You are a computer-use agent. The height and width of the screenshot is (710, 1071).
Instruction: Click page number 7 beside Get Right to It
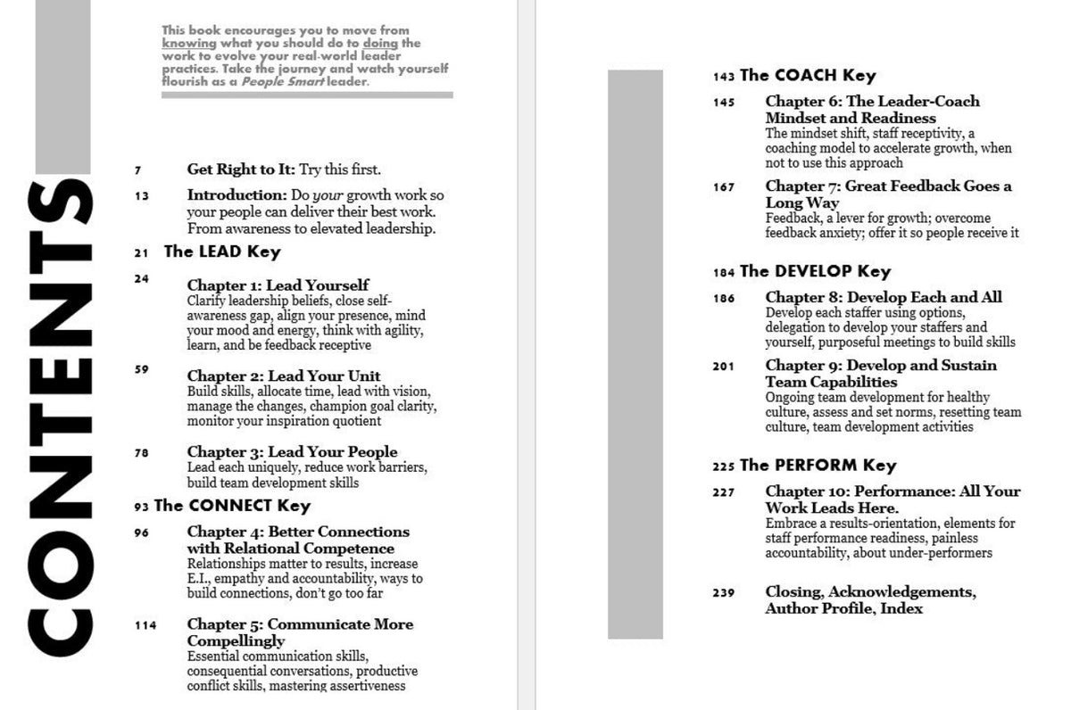tap(138, 169)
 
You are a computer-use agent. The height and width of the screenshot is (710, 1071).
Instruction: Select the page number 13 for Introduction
tap(142, 195)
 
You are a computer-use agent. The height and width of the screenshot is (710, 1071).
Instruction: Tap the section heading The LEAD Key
tap(222, 252)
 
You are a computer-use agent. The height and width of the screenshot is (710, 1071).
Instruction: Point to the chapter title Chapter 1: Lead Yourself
tap(278, 285)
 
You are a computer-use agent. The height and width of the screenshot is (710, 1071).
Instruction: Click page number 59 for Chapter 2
tap(142, 368)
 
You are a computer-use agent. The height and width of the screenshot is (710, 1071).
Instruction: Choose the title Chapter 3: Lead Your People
tap(292, 451)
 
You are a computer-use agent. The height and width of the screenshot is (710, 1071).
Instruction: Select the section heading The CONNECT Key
tap(232, 506)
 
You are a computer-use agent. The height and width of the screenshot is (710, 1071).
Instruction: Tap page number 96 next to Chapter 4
tap(142, 533)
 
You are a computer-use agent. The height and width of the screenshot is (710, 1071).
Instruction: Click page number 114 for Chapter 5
tap(145, 625)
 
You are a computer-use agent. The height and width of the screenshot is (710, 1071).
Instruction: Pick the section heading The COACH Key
tap(808, 76)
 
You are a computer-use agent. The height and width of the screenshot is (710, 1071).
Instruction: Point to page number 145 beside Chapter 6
tap(724, 103)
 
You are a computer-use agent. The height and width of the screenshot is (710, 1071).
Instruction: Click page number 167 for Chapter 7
tap(724, 187)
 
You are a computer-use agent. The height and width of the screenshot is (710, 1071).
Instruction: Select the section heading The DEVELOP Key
tap(815, 271)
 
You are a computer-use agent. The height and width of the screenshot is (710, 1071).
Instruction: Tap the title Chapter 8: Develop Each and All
tap(884, 297)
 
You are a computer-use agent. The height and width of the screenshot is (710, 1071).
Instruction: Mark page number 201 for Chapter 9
tap(724, 367)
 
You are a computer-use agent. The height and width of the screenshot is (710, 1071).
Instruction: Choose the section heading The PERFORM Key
tap(818, 465)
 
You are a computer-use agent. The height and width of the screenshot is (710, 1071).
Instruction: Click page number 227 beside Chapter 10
tap(724, 492)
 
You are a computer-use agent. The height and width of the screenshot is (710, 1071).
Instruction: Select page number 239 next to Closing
tap(724, 593)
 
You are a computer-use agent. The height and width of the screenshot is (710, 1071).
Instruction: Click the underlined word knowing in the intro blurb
tap(189, 43)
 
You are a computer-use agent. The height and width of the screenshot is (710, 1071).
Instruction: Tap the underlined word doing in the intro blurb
tap(381, 43)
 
